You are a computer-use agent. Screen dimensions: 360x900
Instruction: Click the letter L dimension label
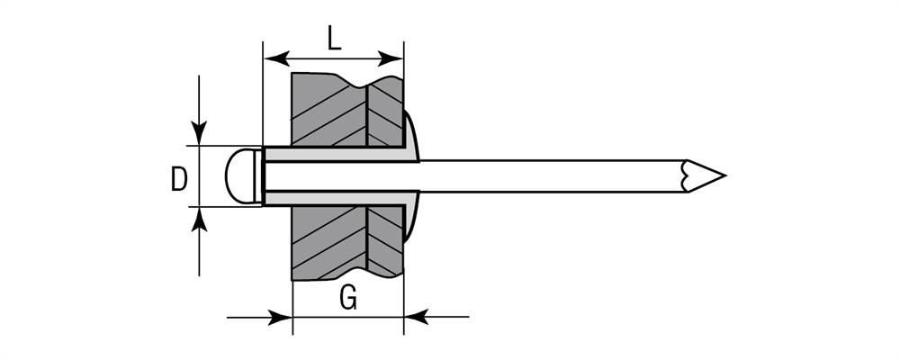point(334,38)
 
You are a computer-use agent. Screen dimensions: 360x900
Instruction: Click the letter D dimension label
point(179,178)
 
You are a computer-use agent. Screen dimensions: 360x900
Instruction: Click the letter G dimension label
point(347,299)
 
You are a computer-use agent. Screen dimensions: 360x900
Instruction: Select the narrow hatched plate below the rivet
point(385,238)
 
